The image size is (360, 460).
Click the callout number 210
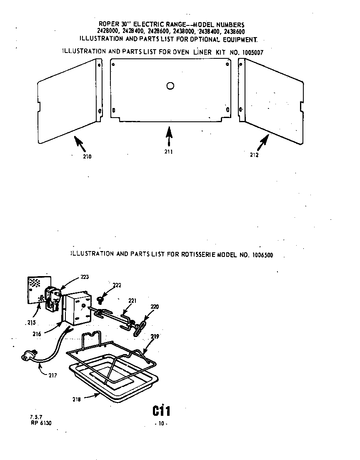87,157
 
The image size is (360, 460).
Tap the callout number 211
168,151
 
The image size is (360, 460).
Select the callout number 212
254,155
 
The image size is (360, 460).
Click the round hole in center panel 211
170,86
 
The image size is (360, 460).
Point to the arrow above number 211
168,136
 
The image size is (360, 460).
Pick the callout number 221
132,300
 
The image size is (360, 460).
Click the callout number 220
155,307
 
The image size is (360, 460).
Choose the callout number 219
155,336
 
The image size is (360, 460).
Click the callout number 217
52,375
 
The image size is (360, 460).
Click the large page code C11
161,411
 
